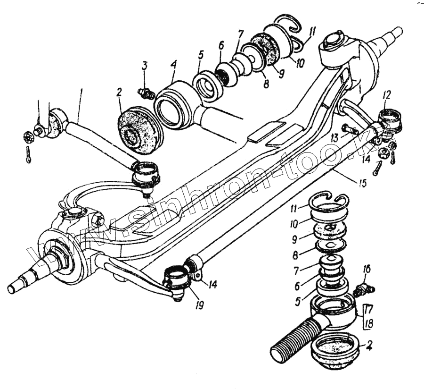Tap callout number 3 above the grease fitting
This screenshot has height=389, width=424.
(145, 66)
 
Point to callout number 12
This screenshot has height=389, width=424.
(387, 94)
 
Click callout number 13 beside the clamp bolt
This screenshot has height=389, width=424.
(335, 137)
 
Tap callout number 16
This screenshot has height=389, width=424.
(367, 270)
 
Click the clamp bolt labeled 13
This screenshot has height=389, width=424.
(347, 129)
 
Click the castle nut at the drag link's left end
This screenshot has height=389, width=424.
(27, 138)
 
